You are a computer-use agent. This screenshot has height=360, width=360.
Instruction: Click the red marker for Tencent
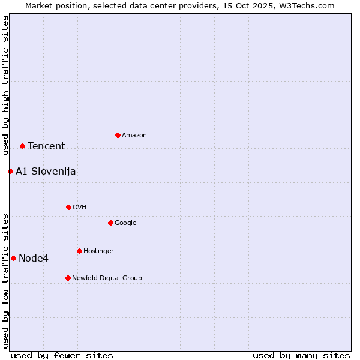(22, 146)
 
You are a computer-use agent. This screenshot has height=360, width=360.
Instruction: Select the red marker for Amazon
(118, 135)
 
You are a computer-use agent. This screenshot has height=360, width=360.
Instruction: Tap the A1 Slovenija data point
(10, 171)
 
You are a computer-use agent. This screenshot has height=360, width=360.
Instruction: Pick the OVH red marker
(68, 207)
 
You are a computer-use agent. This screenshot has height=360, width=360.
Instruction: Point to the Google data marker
(110, 223)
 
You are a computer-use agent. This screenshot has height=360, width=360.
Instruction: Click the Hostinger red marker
(79, 251)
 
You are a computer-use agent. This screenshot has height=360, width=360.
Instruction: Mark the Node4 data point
(13, 258)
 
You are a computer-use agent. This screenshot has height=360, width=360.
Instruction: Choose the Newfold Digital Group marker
(68, 278)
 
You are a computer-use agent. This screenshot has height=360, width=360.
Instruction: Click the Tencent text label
(46, 146)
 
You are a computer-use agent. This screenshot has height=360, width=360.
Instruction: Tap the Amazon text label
(134, 135)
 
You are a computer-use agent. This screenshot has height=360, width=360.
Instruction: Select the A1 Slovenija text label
(46, 171)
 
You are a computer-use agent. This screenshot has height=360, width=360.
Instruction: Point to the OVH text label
(80, 207)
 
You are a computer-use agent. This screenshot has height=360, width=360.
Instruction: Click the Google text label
(125, 223)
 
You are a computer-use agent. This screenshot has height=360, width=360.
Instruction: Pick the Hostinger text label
(98, 251)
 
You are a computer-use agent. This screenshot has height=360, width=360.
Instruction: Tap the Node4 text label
(34, 258)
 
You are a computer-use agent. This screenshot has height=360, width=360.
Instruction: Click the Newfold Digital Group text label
(107, 278)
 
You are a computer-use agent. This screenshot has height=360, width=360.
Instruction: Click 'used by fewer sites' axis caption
(62, 355)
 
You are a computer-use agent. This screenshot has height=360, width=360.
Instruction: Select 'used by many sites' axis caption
(301, 355)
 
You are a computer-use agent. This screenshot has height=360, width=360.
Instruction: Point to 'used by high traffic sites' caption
(5, 85)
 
